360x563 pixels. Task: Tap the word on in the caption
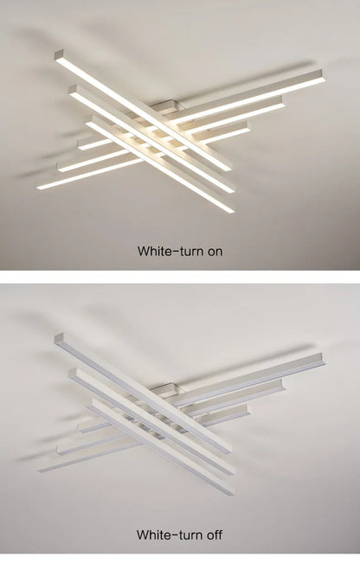(214, 252)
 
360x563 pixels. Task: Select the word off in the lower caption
(213, 535)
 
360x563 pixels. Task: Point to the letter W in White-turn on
(143, 252)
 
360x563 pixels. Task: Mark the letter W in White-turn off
(143, 535)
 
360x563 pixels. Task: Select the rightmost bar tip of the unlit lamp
(321, 358)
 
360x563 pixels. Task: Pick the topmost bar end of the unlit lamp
(59, 338)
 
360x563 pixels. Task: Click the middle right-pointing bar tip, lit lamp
(281, 104)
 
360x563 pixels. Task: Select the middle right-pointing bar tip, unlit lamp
(281, 387)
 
